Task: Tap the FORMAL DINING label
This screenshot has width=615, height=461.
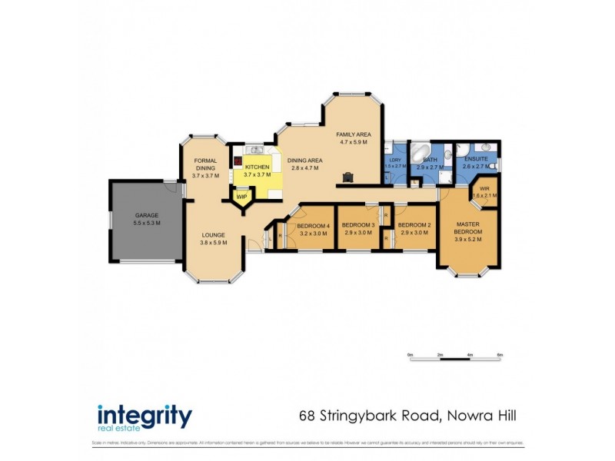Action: click(x=205, y=164)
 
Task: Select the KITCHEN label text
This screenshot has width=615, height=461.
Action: click(x=257, y=167)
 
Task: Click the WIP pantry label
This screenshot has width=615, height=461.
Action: click(x=241, y=197)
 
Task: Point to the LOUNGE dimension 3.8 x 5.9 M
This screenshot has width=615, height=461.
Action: click(x=212, y=243)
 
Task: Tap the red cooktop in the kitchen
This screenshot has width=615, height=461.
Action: click(x=238, y=162)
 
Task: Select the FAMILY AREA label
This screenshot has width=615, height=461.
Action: click(x=354, y=134)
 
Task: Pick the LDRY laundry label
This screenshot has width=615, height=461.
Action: click(x=394, y=159)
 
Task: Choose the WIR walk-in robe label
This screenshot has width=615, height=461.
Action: click(x=484, y=188)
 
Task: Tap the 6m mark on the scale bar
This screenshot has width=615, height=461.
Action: click(x=500, y=355)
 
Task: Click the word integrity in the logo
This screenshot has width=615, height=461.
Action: click(x=144, y=416)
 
